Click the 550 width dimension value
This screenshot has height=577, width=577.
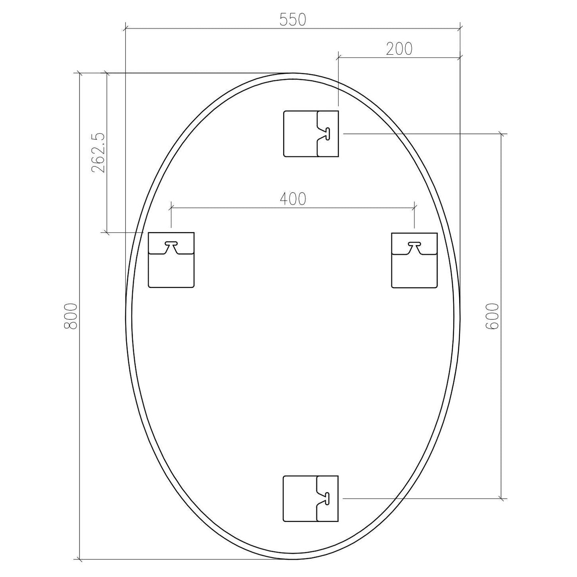coord(293,20)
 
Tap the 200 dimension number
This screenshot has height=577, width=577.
coord(399,49)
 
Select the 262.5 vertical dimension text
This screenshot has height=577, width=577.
coord(98,153)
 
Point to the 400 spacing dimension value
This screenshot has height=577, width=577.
coord(293,199)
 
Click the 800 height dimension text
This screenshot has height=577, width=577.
coord(70,316)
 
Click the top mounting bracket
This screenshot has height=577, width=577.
coord(311,134)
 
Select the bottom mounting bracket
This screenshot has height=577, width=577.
coord(311,498)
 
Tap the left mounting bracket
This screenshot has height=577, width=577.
coord(171,260)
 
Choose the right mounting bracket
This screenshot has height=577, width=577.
coord(414,260)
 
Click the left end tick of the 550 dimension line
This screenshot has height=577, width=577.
coord(125,28)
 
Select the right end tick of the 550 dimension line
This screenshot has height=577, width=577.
coord(460,28)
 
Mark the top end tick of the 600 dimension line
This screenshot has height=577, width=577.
coord(502,134)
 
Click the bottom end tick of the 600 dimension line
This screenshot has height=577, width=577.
coord(502,498)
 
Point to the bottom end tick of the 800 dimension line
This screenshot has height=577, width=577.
coord(80,559)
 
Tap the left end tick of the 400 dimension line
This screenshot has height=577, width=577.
coord(171,208)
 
